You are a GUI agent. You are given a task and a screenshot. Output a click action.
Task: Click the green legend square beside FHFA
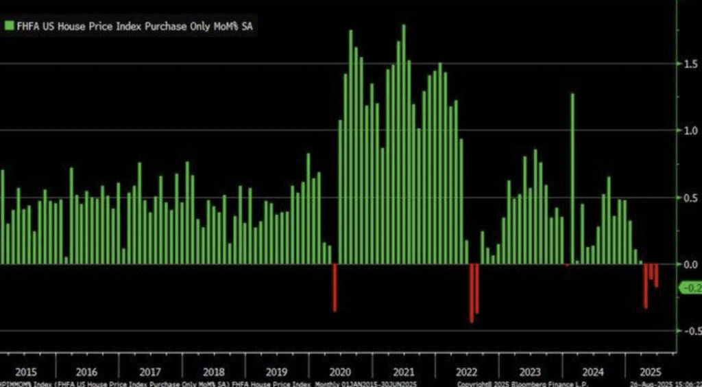[x=9, y=25]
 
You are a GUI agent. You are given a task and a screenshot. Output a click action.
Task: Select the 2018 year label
[x=213, y=371]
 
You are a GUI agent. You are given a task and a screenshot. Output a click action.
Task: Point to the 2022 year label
[x=467, y=371]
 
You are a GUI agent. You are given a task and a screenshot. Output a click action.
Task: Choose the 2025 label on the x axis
[x=651, y=371]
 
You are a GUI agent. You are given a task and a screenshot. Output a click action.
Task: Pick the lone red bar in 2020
[x=335, y=288]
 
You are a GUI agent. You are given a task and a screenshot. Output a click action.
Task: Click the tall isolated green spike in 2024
[x=572, y=178]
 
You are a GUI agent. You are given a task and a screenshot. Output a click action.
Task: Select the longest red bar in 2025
[x=646, y=286]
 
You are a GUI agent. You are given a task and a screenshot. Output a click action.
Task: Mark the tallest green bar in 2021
[x=404, y=144]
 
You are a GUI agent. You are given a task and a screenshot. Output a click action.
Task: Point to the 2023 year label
[x=530, y=371]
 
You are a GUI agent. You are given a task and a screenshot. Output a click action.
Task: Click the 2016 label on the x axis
[x=86, y=371]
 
